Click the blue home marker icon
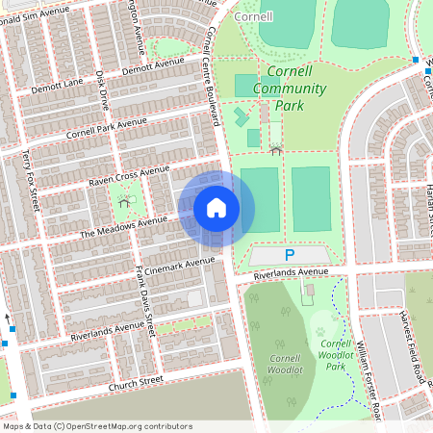216,208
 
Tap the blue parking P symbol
290,255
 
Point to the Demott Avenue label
151,65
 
